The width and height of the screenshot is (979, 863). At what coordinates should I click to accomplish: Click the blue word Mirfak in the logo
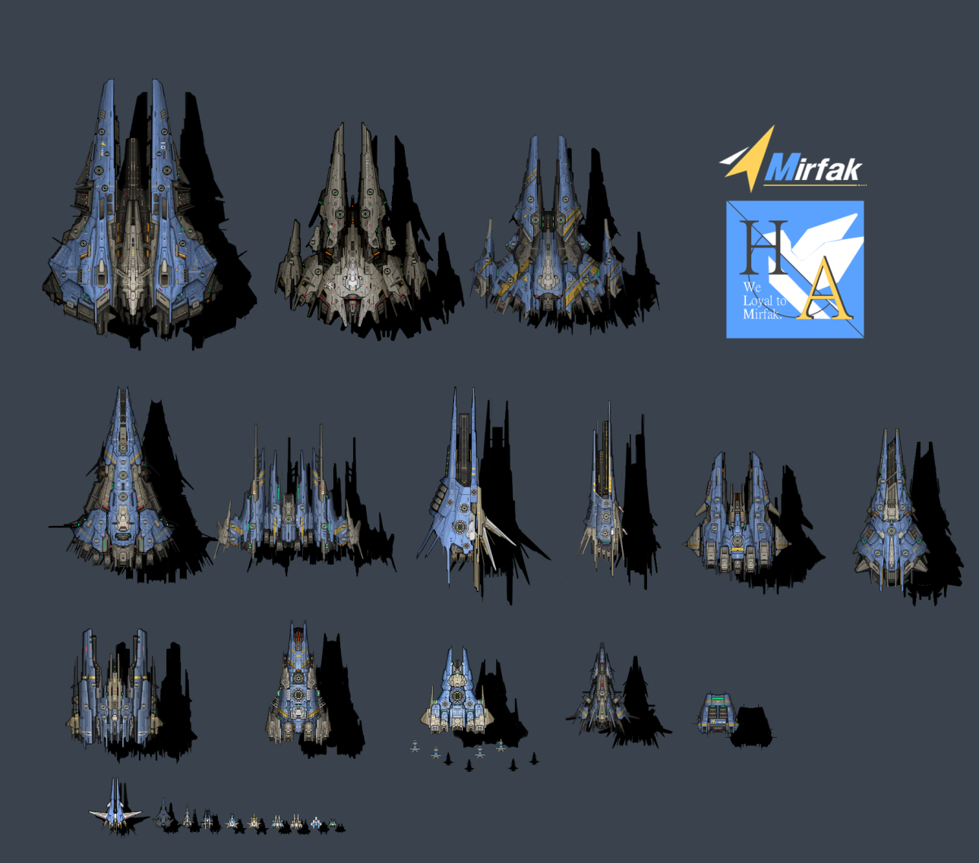pos(813,168)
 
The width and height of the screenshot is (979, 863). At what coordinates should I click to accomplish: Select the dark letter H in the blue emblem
pos(765,247)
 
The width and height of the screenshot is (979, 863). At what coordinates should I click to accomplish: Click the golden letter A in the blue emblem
pos(824,288)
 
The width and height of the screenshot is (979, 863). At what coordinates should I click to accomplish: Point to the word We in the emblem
pos(752,288)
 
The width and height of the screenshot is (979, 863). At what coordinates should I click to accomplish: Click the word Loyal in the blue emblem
pos(757,301)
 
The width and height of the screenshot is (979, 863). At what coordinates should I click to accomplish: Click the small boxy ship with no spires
pos(717,713)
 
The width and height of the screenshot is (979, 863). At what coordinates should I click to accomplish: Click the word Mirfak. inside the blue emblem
pos(762,314)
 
